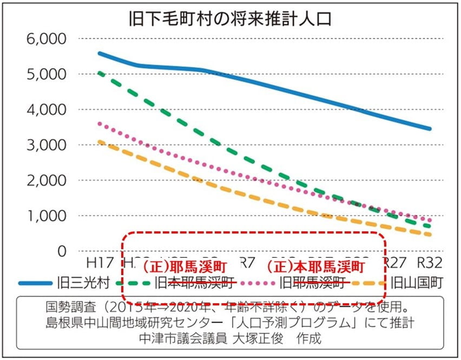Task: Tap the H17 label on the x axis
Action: (x=100, y=263)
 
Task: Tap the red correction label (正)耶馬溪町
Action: (x=183, y=266)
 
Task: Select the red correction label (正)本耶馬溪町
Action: (x=314, y=266)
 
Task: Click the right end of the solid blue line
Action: (x=430, y=129)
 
